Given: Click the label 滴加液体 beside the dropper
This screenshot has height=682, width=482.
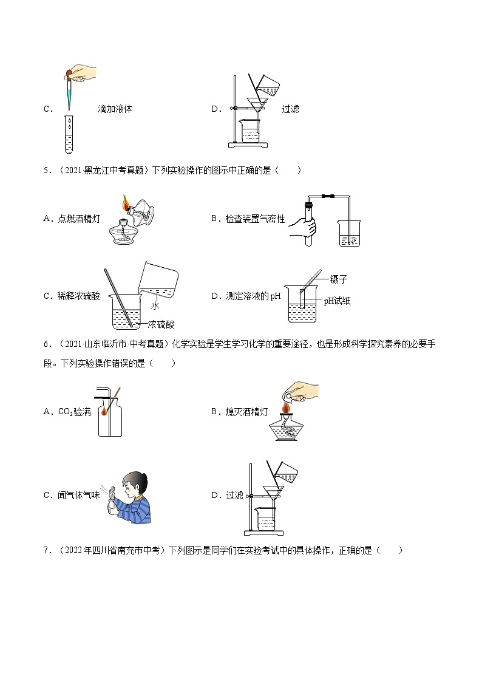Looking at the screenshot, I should tap(115, 109).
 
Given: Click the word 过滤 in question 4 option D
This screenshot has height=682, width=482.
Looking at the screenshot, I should tap(290, 109).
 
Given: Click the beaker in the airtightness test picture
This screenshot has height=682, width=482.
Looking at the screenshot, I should tap(349, 234).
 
